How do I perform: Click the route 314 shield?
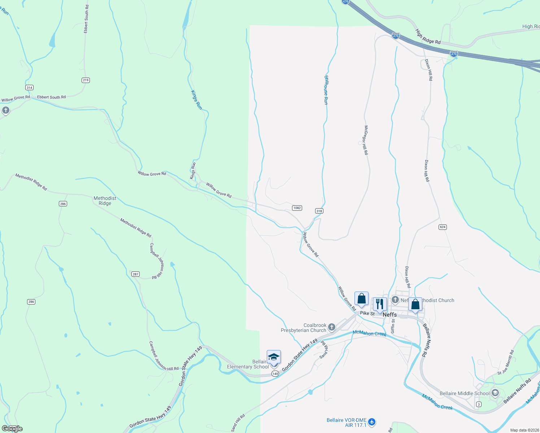coord(29,88)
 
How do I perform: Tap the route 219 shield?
coord(86,80)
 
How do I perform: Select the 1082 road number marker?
coord(297,208)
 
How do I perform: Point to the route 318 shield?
coord(319,211)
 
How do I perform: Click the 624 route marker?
coord(443,227)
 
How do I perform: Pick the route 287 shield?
coord(135,274)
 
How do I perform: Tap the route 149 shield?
coord(275,374)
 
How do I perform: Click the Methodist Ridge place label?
coord(105,201)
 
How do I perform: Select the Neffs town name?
coord(389,315)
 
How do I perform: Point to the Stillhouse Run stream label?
coord(326,90)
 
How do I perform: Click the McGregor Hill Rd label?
coord(366,140)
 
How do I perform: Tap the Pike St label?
coord(367,313)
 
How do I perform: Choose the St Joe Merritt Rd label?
coord(505,363)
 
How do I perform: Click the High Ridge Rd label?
coord(428,36)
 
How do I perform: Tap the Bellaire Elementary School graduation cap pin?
coord(274,357)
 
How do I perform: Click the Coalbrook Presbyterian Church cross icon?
coord(332,327)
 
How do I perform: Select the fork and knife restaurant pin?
coord(379,304)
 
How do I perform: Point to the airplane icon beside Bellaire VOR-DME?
coord(372,422)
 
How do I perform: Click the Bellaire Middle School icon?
coord(495,393)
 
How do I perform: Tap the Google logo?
coord(12,428)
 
